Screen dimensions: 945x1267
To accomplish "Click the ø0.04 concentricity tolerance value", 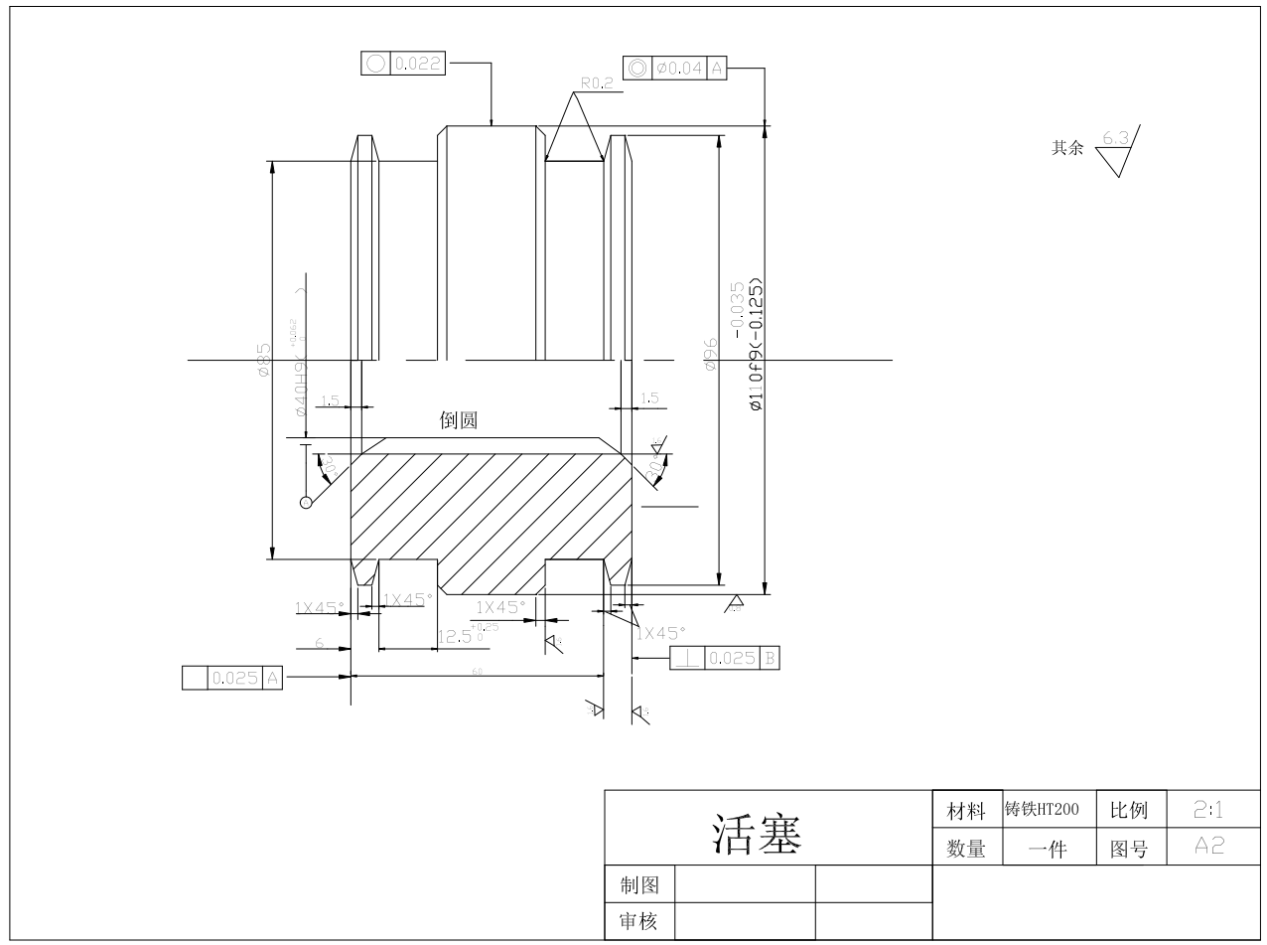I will (680, 68).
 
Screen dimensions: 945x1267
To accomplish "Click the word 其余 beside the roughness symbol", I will (1067, 149).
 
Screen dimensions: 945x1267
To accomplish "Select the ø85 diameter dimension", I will (262, 360).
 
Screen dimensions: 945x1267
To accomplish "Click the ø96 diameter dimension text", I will (710, 355).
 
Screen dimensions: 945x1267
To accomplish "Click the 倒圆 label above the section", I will (459, 420).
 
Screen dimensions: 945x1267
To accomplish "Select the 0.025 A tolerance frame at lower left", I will (233, 678).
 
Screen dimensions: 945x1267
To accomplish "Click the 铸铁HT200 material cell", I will (1042, 809).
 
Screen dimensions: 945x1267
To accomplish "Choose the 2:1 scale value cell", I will (1210, 811).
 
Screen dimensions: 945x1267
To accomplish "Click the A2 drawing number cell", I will (1210, 847).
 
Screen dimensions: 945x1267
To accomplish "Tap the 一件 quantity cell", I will (1042, 849).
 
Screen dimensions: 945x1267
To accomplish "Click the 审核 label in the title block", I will (638, 921).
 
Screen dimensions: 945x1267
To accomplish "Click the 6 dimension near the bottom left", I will (320, 643).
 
